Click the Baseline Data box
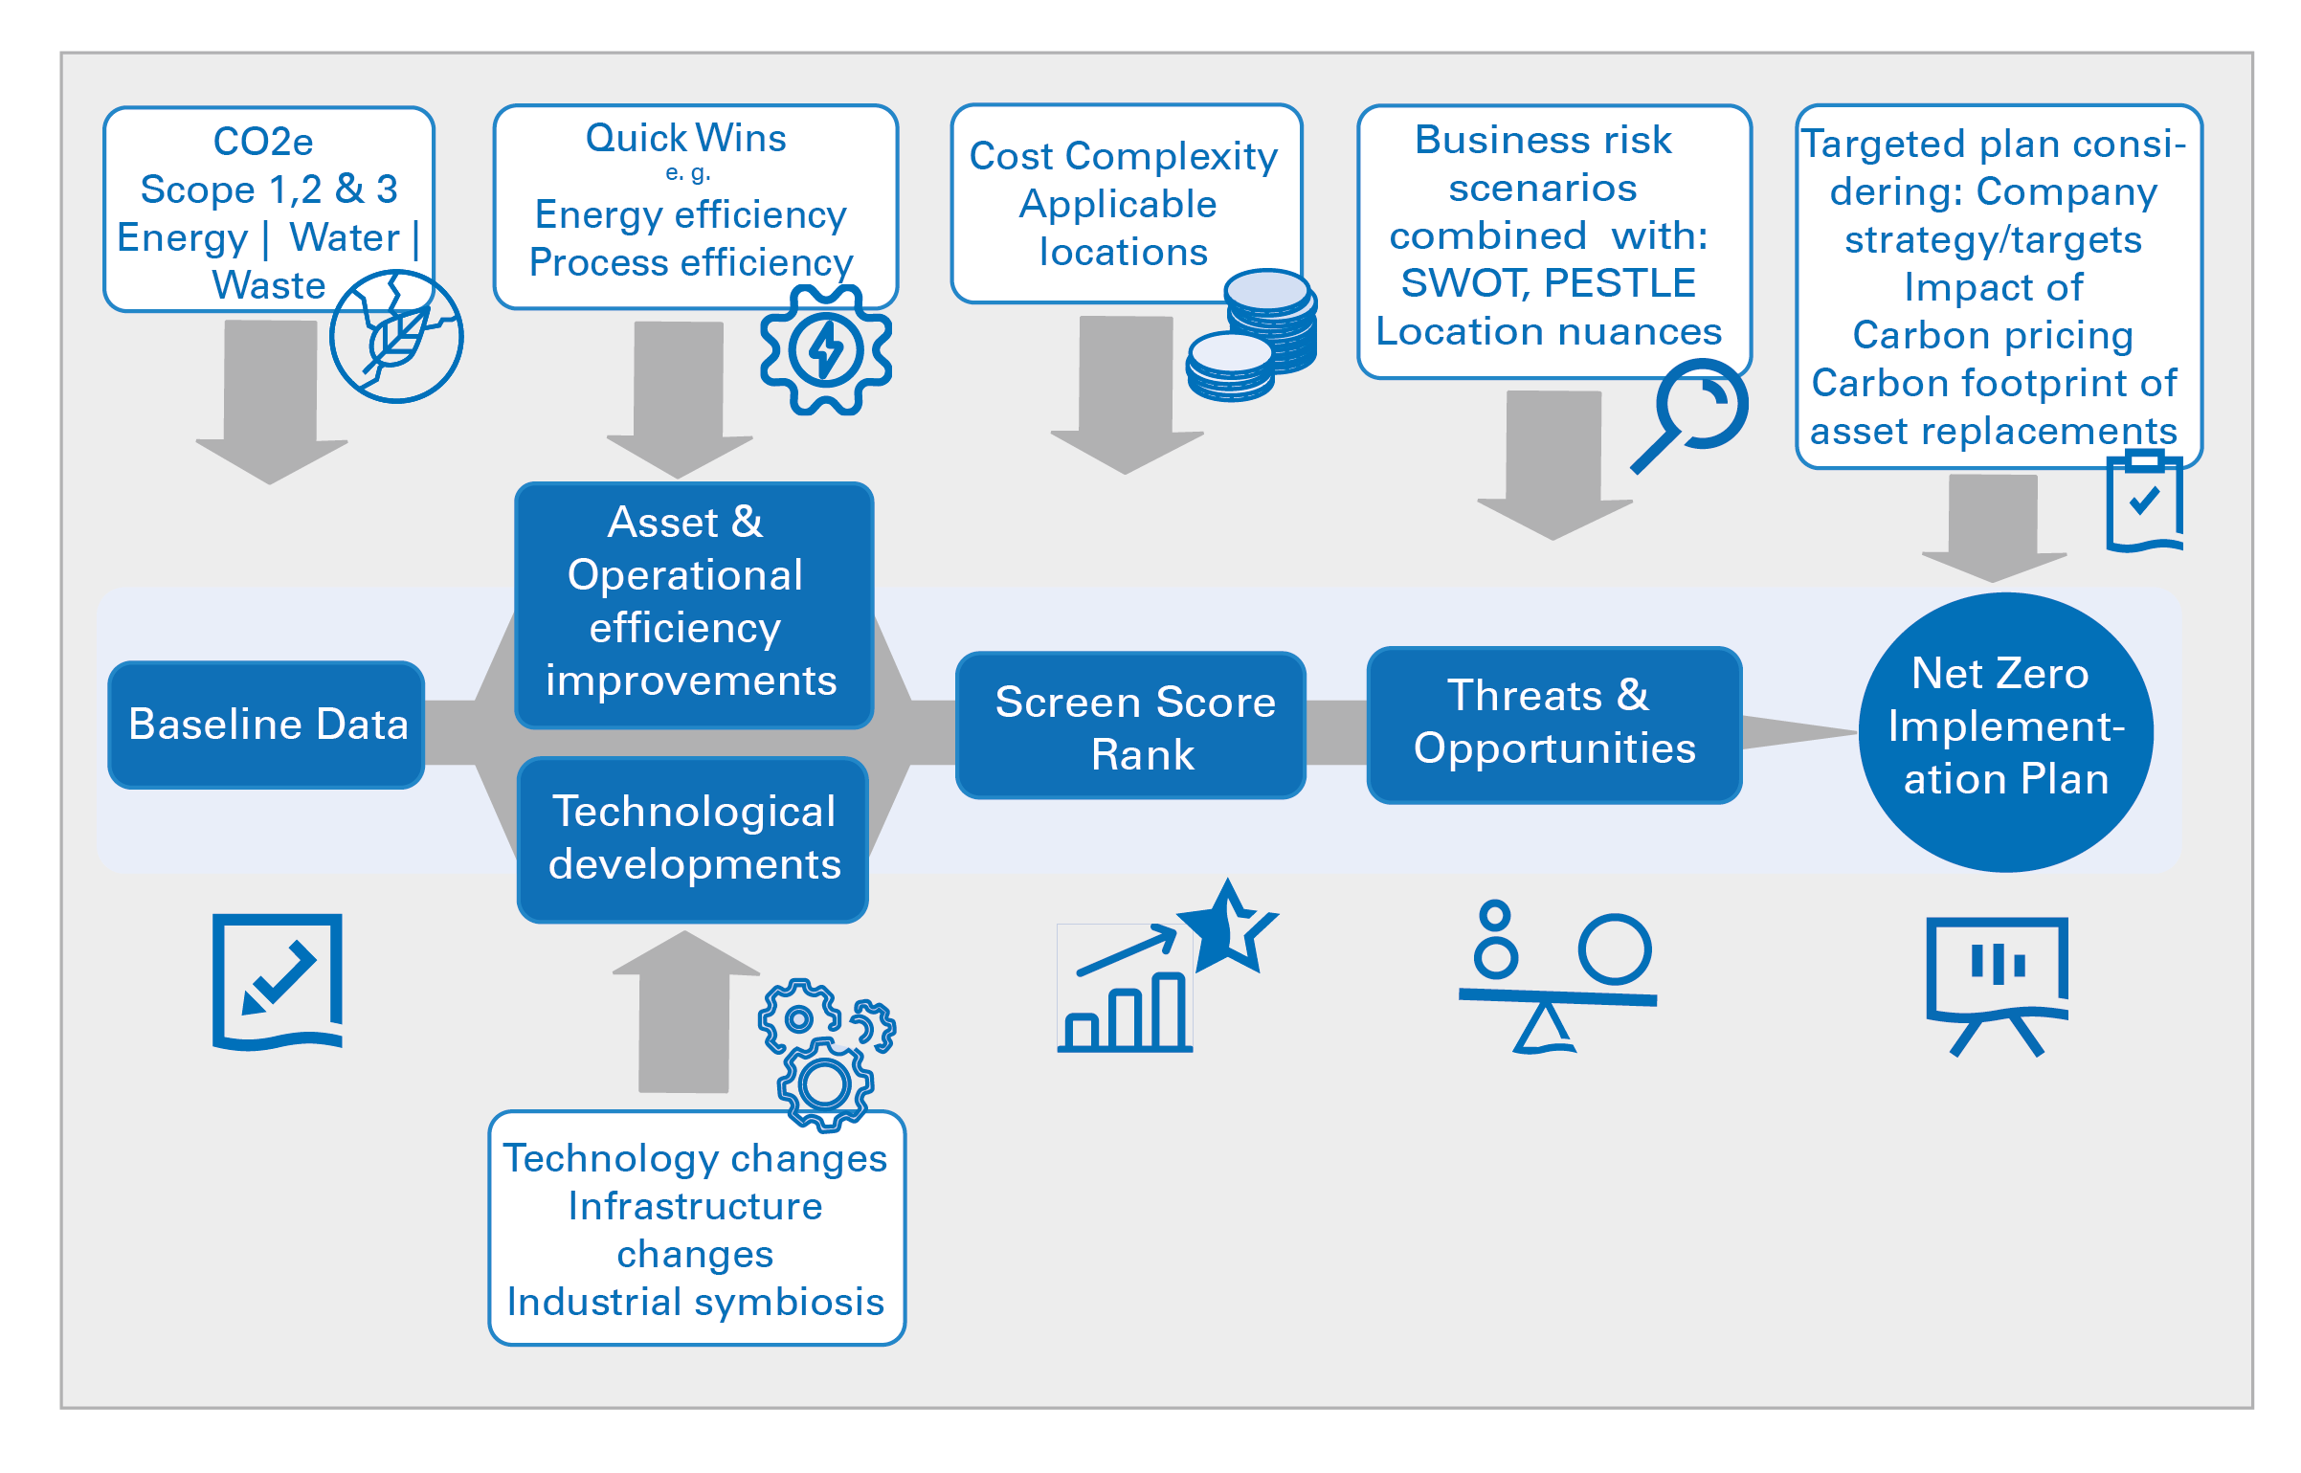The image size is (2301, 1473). click(x=266, y=725)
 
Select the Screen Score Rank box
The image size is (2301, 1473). click(x=1130, y=725)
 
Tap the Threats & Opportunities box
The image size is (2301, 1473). click(x=1554, y=725)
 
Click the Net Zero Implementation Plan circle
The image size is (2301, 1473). click(x=2006, y=732)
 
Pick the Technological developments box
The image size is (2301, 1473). click(x=693, y=839)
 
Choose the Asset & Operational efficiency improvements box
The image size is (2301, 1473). click(x=694, y=605)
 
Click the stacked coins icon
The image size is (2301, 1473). click(x=1252, y=335)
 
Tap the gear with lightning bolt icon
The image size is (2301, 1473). click(x=826, y=350)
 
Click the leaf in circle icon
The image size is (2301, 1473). click(x=396, y=337)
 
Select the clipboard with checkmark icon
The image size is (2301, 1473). click(x=2145, y=502)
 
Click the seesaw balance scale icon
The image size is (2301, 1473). click(x=1557, y=977)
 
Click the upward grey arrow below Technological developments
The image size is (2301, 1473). click(x=685, y=1012)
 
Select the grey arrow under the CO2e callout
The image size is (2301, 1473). click(x=271, y=402)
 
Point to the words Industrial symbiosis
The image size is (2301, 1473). click(x=696, y=1302)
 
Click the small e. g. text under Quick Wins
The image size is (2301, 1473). click(x=688, y=173)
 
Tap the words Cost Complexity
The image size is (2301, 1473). click(x=1124, y=156)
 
